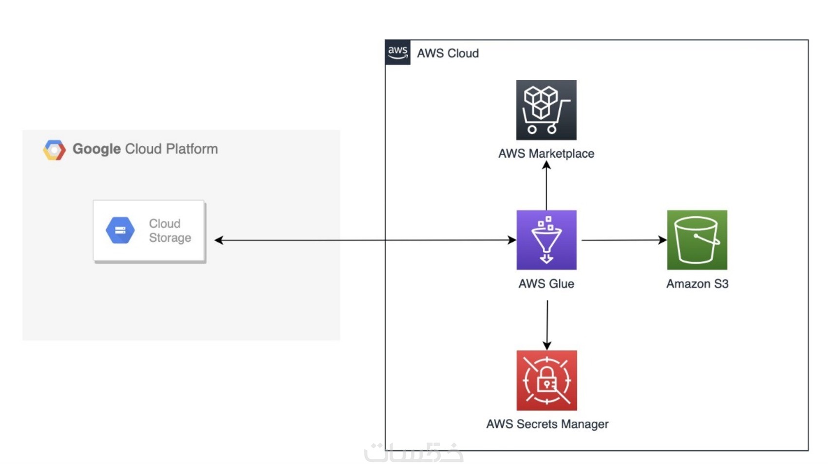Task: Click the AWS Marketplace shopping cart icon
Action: coord(546,110)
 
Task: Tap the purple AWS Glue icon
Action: coord(546,240)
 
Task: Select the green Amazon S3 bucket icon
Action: coord(697,240)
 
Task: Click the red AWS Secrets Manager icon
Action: coord(546,381)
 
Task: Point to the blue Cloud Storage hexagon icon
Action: coord(120,230)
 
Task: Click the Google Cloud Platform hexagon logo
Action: coord(54,150)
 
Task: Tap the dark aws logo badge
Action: coord(397,53)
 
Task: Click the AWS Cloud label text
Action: coord(448,53)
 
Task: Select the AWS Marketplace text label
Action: coord(546,154)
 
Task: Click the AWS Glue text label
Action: coord(546,284)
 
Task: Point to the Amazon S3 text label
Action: coord(697,284)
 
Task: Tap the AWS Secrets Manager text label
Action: coord(547,424)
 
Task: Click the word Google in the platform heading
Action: coord(96,149)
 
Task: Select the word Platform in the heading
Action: coord(191,149)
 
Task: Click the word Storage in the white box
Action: coord(170,237)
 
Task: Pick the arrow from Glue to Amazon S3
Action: coord(623,240)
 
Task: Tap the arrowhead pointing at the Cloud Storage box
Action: coord(219,240)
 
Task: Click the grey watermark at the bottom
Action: coord(414,453)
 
